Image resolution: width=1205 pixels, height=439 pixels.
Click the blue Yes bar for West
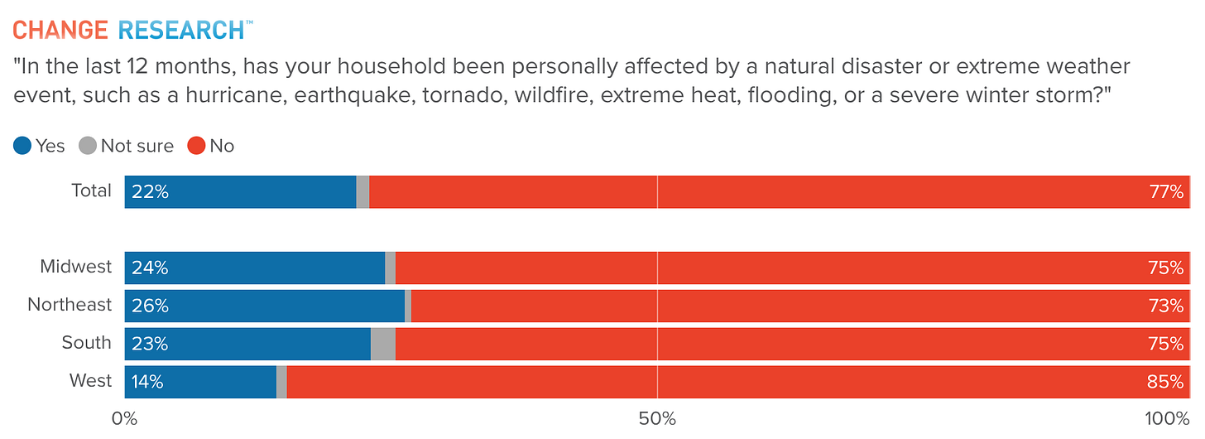[x=200, y=382]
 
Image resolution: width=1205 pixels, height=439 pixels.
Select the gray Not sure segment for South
[x=383, y=344]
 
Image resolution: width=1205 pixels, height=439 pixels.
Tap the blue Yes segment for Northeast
[x=265, y=306]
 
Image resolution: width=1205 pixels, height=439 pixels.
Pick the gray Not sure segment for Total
[x=362, y=192]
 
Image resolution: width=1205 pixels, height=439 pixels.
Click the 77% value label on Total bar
[x=1166, y=192]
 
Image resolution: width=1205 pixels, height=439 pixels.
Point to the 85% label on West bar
[x=1165, y=382]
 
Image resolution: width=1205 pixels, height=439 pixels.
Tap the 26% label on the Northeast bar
[x=150, y=306]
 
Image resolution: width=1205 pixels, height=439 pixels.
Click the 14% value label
[x=147, y=382]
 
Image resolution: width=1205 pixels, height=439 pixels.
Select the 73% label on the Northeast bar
[x=1166, y=306]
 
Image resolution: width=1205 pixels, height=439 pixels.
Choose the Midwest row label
[x=76, y=267]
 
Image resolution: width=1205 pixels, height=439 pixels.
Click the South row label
[x=87, y=343]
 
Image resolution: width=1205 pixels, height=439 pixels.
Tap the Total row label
[x=91, y=191]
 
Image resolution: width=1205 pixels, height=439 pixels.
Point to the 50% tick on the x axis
[x=657, y=419]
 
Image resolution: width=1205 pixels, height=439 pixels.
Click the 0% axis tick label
[x=124, y=419]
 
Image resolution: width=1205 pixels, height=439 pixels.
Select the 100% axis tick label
[x=1167, y=419]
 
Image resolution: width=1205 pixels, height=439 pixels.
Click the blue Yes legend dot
[x=22, y=146]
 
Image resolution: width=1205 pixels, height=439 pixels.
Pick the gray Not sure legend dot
[x=88, y=146]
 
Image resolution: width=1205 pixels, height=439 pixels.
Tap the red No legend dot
[x=196, y=146]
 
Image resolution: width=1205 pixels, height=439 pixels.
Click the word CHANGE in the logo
[x=60, y=30]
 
